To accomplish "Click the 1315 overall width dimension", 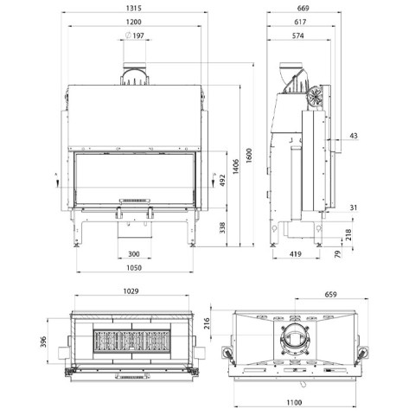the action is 134,8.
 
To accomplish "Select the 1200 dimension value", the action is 134,22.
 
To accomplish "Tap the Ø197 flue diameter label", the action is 135,35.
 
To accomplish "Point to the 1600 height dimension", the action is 249,156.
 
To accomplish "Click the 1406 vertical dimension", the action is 236,166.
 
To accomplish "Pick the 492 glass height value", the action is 222,180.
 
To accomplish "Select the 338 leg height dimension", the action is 222,227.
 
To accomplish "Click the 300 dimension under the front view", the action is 134,254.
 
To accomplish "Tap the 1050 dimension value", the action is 134,268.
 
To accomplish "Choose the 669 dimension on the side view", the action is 303,8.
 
